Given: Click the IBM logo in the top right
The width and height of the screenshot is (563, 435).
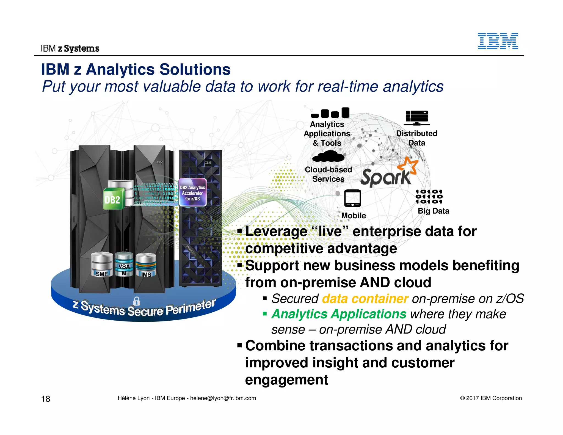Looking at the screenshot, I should coord(498,41).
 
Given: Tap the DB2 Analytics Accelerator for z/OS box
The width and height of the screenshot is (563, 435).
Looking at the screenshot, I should coord(192,192).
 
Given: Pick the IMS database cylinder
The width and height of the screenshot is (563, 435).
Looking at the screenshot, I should coord(146,265).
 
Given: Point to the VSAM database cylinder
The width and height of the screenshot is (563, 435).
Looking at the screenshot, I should coord(124,264).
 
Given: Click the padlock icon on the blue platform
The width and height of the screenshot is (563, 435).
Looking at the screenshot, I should coord(137,301).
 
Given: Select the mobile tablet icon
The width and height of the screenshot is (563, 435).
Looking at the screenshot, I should coord(352,198).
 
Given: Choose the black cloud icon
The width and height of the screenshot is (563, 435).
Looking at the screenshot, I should coord(328,156).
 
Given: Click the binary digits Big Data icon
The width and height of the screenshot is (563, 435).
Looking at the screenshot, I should coord(429,196).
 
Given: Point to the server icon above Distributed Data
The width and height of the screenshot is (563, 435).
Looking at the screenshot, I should coord(417,118).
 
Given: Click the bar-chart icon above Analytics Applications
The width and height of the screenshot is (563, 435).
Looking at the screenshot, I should coord(330,113).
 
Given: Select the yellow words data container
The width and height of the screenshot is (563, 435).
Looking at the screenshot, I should coord(365,299).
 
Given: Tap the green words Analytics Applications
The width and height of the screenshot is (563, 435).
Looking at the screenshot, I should coord(339,314).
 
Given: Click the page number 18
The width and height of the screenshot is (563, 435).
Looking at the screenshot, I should coord(46,399).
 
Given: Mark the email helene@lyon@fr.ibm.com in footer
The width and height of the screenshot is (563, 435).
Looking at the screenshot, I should coord(223,398).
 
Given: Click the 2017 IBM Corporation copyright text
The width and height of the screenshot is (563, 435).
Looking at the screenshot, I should coord(491,398).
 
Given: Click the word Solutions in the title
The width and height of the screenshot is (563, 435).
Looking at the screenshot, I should coord(195,69).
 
